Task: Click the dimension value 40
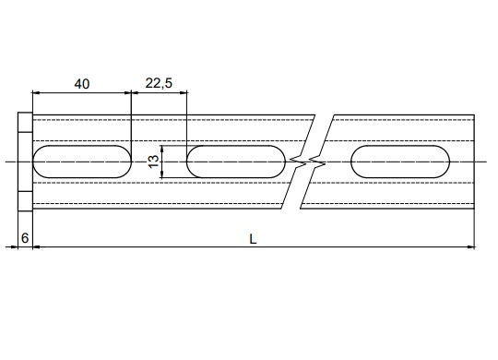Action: [x=82, y=84]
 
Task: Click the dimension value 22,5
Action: [x=159, y=83]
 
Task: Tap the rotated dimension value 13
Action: [x=154, y=162]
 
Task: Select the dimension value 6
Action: [x=25, y=238]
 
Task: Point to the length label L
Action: [x=253, y=239]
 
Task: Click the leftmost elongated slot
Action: [x=82, y=162]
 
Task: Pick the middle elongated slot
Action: [x=236, y=162]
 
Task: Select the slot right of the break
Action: [x=400, y=162]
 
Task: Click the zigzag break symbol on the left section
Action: [x=298, y=162]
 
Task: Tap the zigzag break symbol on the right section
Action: [x=317, y=162]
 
